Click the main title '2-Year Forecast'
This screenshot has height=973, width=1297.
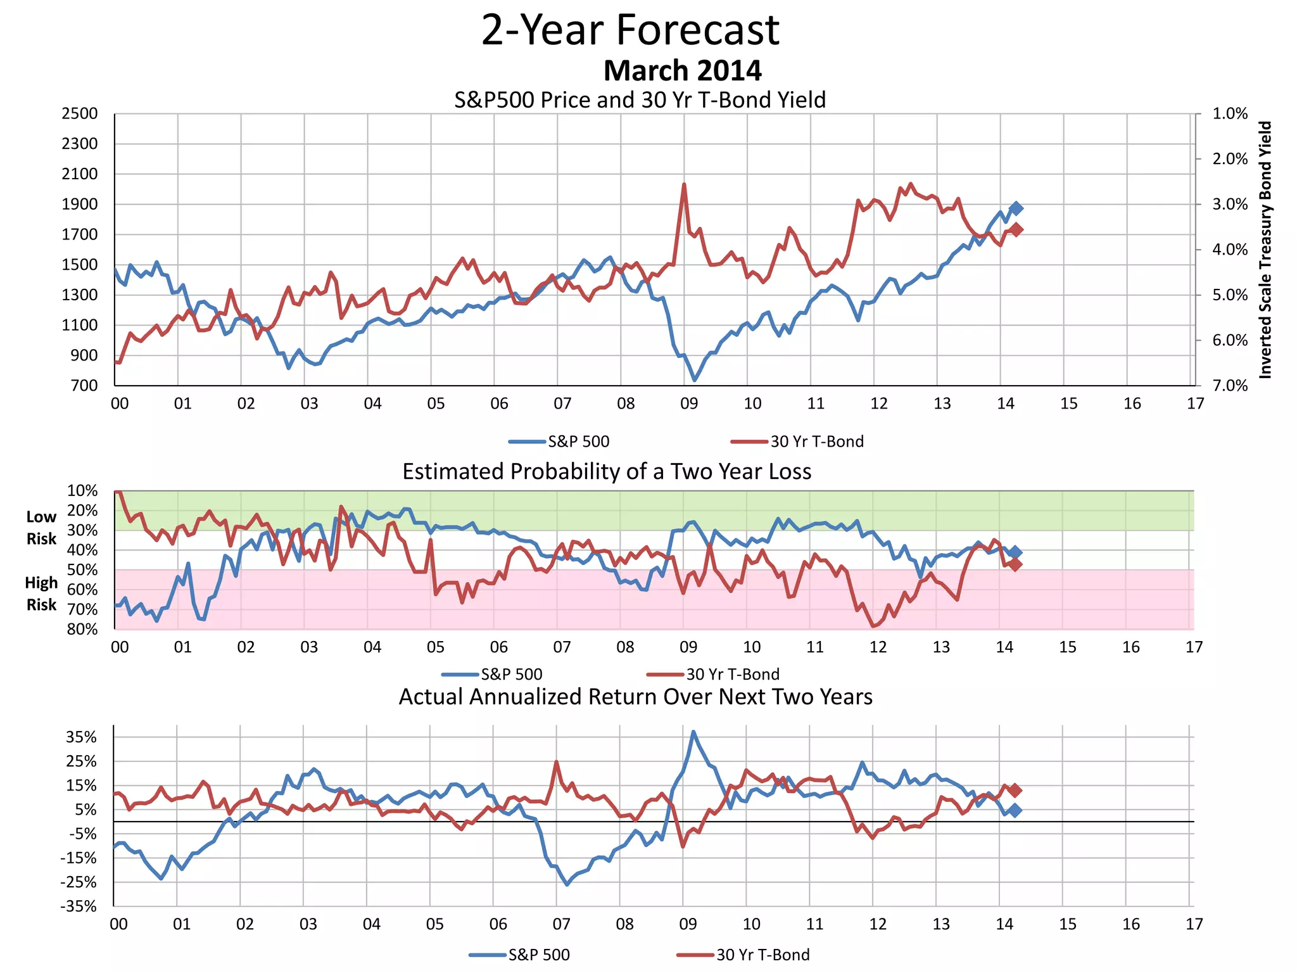630,30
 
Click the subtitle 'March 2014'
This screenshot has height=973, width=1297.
682,70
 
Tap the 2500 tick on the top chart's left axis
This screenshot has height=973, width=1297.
80,114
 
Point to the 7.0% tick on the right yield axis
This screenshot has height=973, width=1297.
1229,386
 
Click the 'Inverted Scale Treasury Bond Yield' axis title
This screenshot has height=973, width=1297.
1265,250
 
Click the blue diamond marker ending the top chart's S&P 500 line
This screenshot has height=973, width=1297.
1016,208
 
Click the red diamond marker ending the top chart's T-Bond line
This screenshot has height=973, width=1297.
1016,229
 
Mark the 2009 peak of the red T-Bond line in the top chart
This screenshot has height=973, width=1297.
684,184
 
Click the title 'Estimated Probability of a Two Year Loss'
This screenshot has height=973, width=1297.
607,472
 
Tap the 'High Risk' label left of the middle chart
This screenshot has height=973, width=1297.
41,594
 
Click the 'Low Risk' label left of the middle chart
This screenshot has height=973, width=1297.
41,528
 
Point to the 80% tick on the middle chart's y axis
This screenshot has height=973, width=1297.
82,629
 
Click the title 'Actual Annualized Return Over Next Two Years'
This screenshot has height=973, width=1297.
635,697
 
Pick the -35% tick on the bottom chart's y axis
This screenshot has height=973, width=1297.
79,906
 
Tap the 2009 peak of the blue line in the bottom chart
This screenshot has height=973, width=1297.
693,732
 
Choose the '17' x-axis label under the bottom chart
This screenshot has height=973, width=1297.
1194,924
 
